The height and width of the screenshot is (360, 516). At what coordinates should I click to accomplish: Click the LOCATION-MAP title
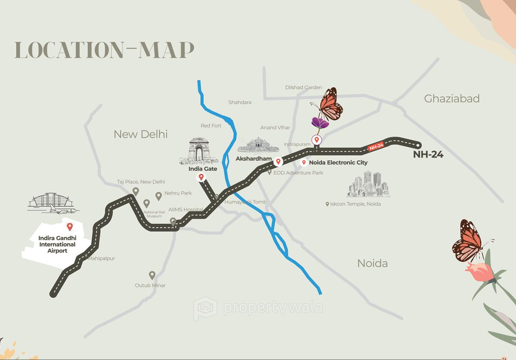point(104,50)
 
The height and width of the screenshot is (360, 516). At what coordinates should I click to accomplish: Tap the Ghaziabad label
point(451,99)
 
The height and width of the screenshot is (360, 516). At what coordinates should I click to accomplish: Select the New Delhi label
point(140,134)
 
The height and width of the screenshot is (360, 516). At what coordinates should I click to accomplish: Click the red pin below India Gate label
point(201,177)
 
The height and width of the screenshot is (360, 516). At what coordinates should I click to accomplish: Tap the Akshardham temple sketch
point(258,145)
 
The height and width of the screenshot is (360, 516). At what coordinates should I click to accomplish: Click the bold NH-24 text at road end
point(428,155)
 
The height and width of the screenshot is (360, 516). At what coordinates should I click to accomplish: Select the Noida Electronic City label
point(338,163)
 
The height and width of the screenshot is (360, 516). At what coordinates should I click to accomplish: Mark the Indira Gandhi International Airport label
point(57,244)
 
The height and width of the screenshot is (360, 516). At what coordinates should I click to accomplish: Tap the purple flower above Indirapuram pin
point(320,123)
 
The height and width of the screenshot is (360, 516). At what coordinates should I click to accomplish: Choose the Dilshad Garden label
point(304,88)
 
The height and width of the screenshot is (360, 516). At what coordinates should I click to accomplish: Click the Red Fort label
point(211,126)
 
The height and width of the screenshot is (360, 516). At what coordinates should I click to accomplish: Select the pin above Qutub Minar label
point(152,275)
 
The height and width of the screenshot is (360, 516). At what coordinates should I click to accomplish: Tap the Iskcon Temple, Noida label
point(355,204)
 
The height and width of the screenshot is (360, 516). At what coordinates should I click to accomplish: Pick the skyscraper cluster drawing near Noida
point(369,185)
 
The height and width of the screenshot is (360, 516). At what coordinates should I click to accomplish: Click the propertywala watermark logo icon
point(205,308)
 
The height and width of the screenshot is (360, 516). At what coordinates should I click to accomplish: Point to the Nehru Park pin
point(159,196)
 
